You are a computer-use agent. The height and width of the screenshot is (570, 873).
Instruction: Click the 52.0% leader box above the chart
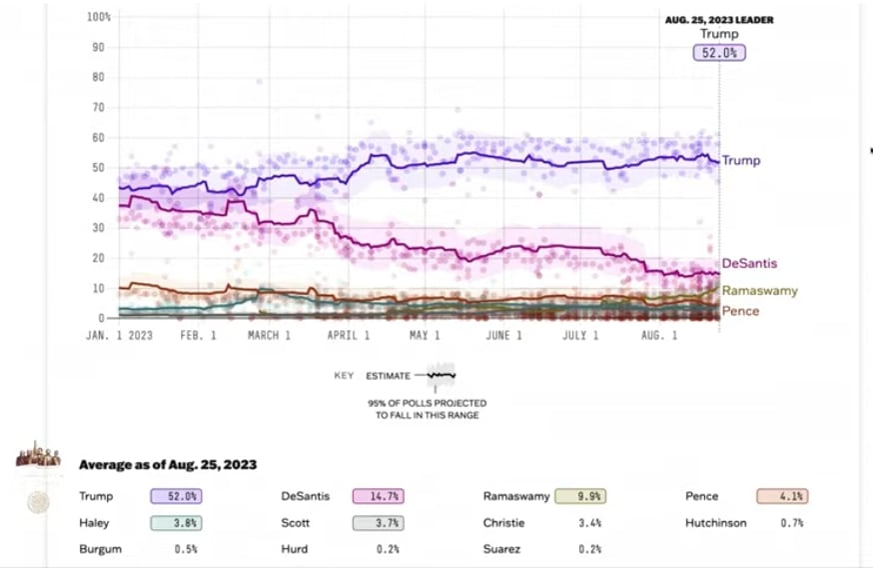pyautogui.click(x=719, y=53)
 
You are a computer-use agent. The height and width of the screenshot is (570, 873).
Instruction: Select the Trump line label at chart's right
pyautogui.click(x=740, y=160)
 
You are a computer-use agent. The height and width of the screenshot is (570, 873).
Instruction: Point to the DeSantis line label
pyautogui.click(x=749, y=263)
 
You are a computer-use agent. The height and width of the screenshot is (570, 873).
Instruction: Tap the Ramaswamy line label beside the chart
pyautogui.click(x=759, y=291)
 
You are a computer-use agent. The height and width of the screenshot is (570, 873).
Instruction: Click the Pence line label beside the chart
pyautogui.click(x=740, y=311)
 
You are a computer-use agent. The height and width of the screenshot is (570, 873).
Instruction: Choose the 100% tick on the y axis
pyautogui.click(x=98, y=17)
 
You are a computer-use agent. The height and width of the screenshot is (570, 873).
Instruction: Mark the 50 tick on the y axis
pyautogui.click(x=100, y=168)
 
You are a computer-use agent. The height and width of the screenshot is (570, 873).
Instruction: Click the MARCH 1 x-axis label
pyautogui.click(x=269, y=336)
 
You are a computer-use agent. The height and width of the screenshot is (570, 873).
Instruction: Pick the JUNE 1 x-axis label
pyautogui.click(x=503, y=336)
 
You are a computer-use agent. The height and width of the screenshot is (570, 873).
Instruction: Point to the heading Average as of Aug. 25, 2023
pyautogui.click(x=168, y=465)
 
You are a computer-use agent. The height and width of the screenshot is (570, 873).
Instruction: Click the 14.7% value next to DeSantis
pyautogui.click(x=369, y=496)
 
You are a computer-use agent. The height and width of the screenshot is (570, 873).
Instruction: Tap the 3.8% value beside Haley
pyautogui.click(x=173, y=522)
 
